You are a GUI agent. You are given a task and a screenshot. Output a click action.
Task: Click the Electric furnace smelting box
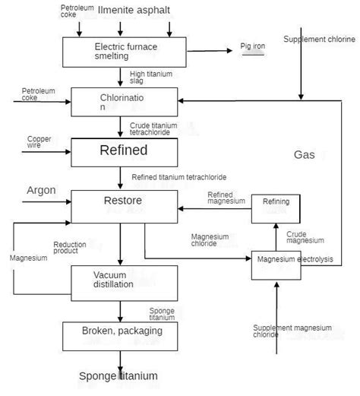coord(121,52)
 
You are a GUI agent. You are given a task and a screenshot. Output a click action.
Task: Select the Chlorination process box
coord(121,102)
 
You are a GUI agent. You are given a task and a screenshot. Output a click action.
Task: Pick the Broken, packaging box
coord(122,332)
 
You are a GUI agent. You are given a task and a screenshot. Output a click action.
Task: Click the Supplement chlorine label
coord(318,39)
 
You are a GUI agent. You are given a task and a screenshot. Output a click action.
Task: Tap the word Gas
coord(304,154)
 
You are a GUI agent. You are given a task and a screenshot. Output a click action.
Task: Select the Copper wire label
coord(39,142)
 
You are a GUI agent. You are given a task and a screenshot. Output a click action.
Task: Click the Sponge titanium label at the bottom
coord(118,376)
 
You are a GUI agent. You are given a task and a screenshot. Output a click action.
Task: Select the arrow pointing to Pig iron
coord(209,52)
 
